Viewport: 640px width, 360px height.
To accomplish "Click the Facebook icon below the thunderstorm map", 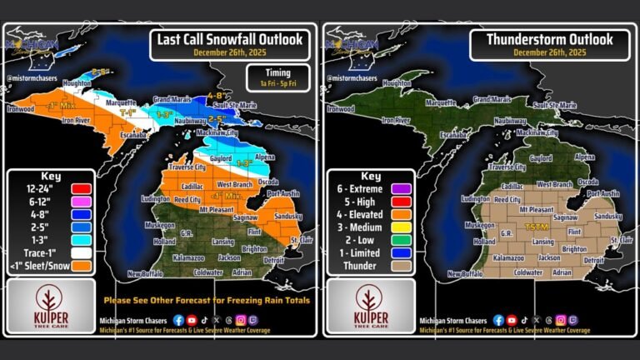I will coord(498,319).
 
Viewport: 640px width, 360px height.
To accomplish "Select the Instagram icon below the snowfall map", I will coord(242,319).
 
